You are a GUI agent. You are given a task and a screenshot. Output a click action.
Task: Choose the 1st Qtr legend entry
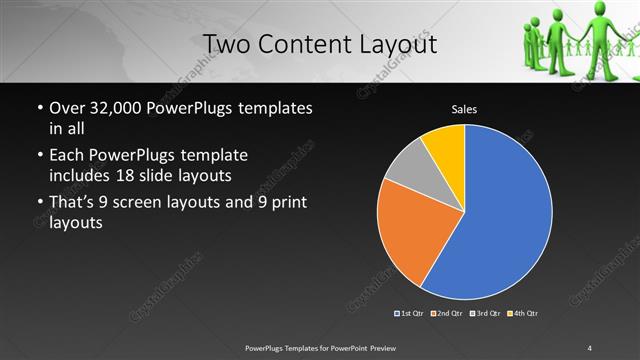410,314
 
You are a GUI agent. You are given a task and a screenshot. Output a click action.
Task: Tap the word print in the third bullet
272,203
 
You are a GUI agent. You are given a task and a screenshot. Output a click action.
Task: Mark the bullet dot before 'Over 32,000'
39,108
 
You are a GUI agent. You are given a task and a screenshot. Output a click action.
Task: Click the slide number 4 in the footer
590,347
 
